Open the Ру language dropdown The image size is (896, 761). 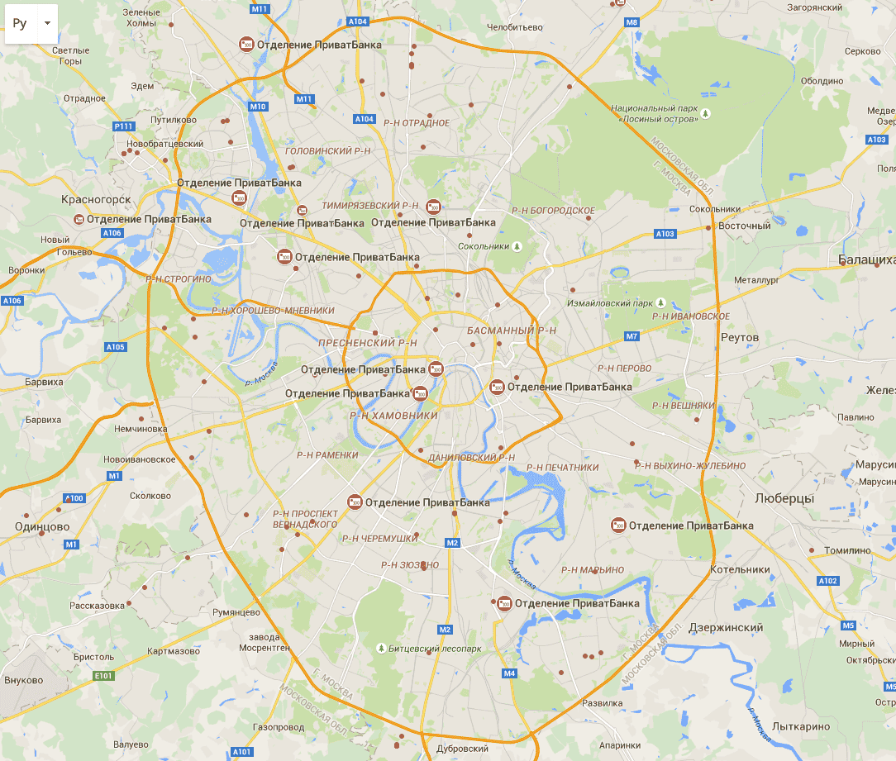tap(31, 23)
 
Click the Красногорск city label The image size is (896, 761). tap(96, 199)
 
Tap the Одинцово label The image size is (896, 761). tap(41, 526)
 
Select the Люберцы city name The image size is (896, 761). tap(784, 498)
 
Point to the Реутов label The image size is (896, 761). tap(739, 338)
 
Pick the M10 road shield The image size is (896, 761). tap(258, 107)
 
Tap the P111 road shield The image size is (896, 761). tap(123, 126)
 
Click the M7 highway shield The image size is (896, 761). tap(631, 336)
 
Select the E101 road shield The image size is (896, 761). tap(102, 676)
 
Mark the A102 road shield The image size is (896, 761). tap(827, 581)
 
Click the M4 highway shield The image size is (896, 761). tap(509, 673)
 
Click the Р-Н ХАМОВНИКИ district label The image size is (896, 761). tap(393, 416)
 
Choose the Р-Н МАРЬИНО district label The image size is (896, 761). tap(593, 569)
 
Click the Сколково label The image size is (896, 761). tap(150, 496)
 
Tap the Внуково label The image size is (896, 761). tap(23, 680)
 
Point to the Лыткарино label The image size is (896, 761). tap(800, 726)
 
